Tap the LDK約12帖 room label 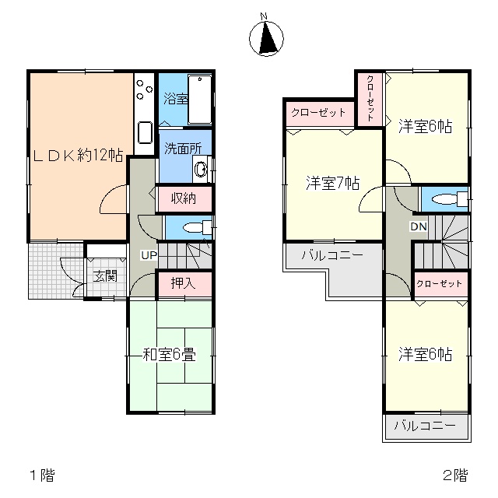78,156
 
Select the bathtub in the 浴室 200,100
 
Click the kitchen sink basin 145,133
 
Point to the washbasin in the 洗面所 201,169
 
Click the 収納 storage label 184,198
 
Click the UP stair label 149,254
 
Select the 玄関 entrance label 105,276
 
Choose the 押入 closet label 184,283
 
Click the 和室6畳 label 170,355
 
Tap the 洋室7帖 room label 333,183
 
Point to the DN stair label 419,226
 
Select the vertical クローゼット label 370,98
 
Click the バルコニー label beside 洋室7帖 332,255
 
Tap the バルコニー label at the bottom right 426,426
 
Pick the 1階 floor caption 42,475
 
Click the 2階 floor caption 455,475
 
